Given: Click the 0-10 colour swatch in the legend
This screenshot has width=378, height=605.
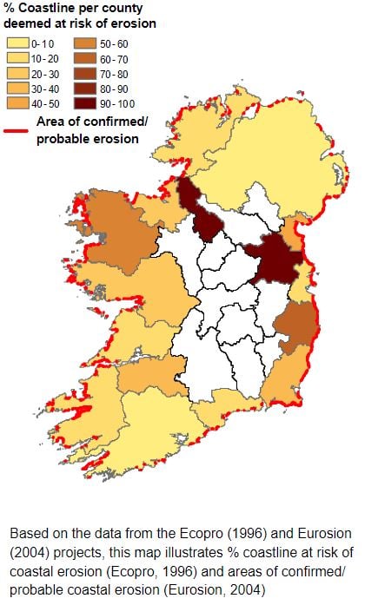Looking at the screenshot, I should tap(17, 42).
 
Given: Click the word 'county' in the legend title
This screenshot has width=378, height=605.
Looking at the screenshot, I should tap(122, 9).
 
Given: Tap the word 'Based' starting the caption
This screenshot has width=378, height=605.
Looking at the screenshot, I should tap(28, 533).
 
